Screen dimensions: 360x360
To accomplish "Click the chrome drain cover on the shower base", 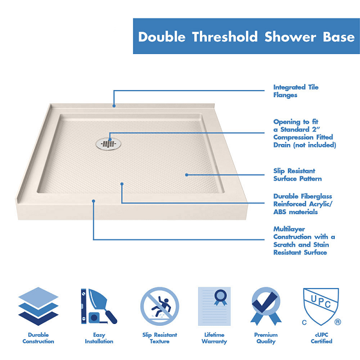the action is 109,144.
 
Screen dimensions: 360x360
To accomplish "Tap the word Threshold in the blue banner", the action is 225,37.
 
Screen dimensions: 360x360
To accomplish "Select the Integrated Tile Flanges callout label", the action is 296,91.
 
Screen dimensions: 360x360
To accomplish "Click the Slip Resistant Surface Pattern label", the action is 298,175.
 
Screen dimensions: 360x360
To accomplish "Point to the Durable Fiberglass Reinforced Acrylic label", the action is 302,204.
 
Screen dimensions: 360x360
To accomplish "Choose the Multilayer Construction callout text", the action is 304,241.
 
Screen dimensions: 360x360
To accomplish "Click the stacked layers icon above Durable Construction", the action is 38,306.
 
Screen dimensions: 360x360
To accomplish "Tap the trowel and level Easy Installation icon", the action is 99,306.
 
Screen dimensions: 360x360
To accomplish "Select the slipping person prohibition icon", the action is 160,306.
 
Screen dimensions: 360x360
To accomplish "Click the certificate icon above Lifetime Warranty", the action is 214,306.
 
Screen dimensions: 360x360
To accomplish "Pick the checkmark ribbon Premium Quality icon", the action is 266,306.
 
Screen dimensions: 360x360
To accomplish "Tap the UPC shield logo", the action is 321,306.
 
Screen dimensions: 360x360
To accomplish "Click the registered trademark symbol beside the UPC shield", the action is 337,322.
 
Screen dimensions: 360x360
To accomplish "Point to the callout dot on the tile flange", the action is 114,106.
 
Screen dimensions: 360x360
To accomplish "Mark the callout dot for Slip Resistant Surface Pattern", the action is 187,175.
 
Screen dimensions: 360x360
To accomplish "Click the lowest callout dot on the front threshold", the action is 94,201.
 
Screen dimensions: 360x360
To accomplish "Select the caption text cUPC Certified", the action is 321,338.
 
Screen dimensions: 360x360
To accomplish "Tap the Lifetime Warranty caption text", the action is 214,338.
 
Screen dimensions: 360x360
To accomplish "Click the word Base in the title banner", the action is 338,37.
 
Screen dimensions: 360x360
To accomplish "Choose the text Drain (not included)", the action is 305,145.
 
